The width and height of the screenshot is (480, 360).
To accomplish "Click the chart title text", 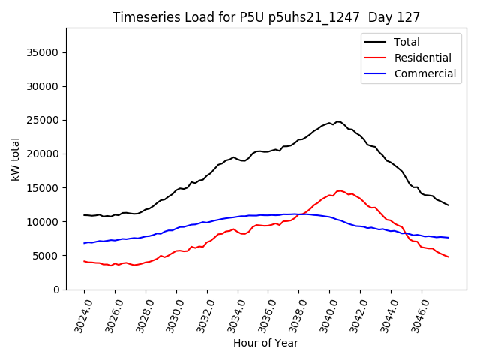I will pyautogui.click(x=266, y=17).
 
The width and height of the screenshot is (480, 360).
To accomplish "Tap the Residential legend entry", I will pyautogui.click(x=422, y=58).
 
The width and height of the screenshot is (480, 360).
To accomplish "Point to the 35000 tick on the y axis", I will pyautogui.click(x=44, y=52).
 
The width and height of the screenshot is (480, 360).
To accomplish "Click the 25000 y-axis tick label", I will pyautogui.click(x=44, y=120).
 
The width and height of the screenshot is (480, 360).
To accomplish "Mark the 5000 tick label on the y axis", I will pyautogui.click(x=47, y=256).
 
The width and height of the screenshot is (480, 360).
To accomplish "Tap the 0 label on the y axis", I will pyautogui.click(x=56, y=289).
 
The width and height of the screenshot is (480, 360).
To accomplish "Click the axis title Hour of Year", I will pyautogui.click(x=265, y=343).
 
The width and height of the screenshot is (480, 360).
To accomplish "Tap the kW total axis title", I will pyautogui.click(x=16, y=158).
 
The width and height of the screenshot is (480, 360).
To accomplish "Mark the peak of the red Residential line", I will pyautogui.click(x=340, y=190).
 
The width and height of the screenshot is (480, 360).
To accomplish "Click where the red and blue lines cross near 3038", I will pyautogui.click(x=300, y=214).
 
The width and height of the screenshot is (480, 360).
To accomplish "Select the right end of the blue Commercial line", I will pyautogui.click(x=448, y=238).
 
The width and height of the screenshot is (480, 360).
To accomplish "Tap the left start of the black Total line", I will pyautogui.click(x=84, y=215).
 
